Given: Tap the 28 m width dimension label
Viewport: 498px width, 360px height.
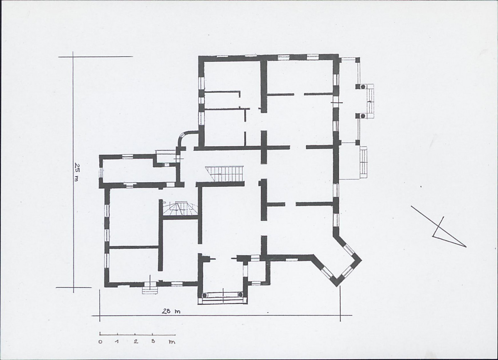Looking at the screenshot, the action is tap(171, 311).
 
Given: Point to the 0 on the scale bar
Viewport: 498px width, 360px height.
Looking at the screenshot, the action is tap(101, 342).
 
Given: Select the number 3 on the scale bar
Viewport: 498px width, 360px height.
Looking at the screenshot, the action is tap(153, 341).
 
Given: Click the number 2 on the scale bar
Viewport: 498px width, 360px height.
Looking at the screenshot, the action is tap(136, 342).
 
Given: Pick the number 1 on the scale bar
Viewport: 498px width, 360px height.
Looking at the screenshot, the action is tap(117, 342).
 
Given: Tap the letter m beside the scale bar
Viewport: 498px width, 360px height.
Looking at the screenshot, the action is tap(172, 342).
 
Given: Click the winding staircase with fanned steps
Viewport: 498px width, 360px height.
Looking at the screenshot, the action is tap(179, 208).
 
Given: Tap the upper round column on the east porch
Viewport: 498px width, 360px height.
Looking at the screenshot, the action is tap(362, 86).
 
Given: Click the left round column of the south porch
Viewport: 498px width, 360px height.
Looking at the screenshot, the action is tap(204, 295).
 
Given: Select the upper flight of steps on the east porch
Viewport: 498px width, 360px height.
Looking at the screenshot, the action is tap(369, 101).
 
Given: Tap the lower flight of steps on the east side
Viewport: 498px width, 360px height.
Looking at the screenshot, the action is tap(364, 162).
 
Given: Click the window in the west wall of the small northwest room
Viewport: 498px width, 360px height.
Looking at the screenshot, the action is tap(101, 173).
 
